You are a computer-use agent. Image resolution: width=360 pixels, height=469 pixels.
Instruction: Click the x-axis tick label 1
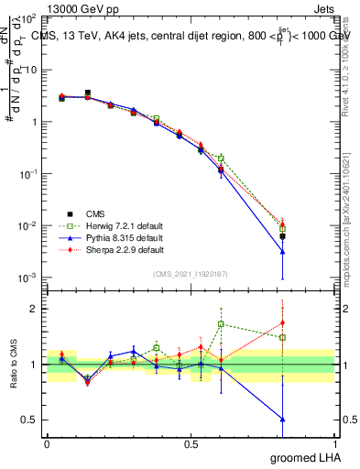point(334,443)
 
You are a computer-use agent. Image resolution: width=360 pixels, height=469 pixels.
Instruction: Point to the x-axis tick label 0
point(47,443)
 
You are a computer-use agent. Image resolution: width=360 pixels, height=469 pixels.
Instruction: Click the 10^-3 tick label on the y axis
point(27,278)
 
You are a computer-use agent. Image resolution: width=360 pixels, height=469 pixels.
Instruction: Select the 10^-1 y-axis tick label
point(27,173)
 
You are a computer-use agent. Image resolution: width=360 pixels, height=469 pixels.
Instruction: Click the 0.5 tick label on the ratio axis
point(29,420)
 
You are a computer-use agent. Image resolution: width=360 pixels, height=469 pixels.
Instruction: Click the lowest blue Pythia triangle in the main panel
point(283,252)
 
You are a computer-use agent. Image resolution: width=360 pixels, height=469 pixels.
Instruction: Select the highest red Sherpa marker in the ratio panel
point(283,322)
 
